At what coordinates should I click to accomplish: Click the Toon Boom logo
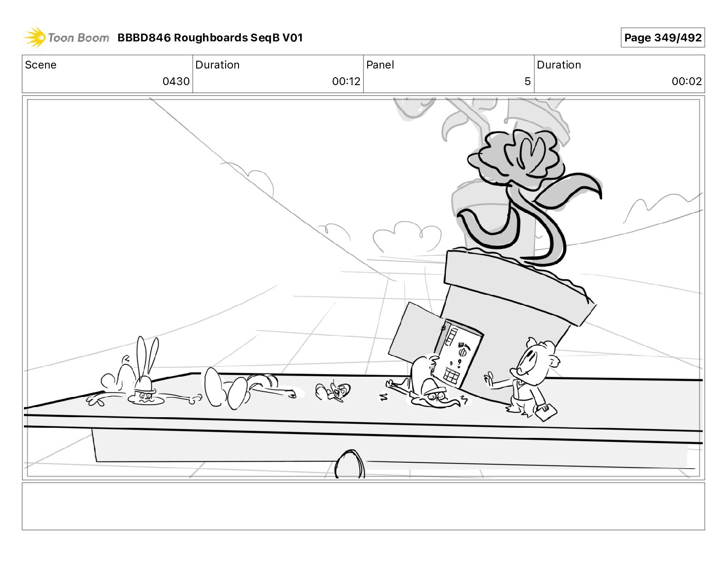[x=67, y=38]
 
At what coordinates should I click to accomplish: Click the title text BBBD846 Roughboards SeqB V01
[x=210, y=38]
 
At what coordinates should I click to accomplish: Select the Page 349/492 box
[x=662, y=38]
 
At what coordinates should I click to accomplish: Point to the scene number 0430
[x=176, y=81]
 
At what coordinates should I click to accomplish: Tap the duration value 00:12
[x=346, y=81]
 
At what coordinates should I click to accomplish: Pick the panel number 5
[x=527, y=81]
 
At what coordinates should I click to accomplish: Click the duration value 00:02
[x=687, y=81]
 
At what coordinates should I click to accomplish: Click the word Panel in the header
[x=380, y=65]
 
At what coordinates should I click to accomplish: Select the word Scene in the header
[x=40, y=65]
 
